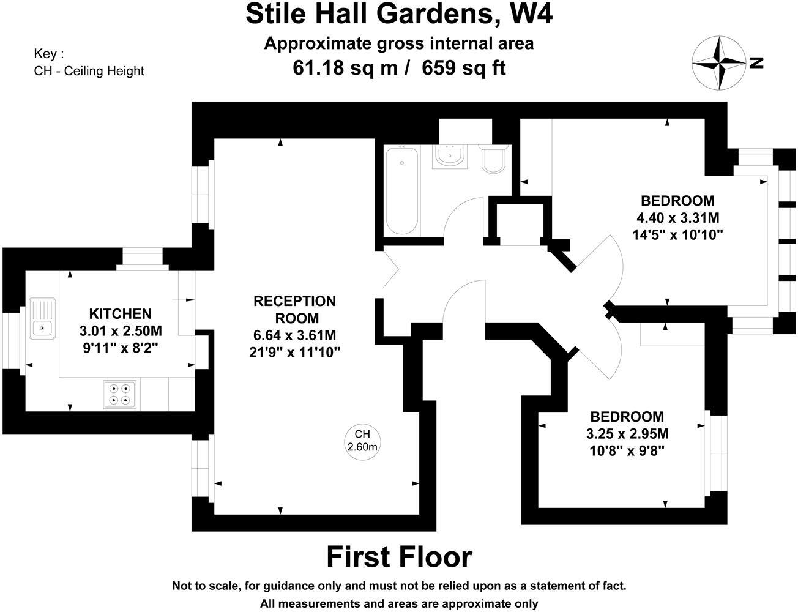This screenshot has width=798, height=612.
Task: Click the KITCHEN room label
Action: pos(121,314)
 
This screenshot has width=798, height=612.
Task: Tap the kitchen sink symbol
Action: pos(42,318)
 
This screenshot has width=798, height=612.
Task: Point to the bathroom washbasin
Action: pos(450,157)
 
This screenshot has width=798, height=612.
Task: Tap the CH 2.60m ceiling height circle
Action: pos(362,441)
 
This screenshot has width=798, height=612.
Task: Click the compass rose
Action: pos(719,63)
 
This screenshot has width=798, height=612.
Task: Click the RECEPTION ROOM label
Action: pos(295,310)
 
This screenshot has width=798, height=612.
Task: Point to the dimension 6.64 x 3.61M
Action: pos(295,335)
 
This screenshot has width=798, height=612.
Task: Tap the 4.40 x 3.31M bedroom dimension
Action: pos(677,217)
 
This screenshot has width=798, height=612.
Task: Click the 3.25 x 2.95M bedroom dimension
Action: pos(627,434)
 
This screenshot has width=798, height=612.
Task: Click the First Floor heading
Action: pos(399,557)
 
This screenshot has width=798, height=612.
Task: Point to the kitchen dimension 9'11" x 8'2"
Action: pos(121,348)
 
